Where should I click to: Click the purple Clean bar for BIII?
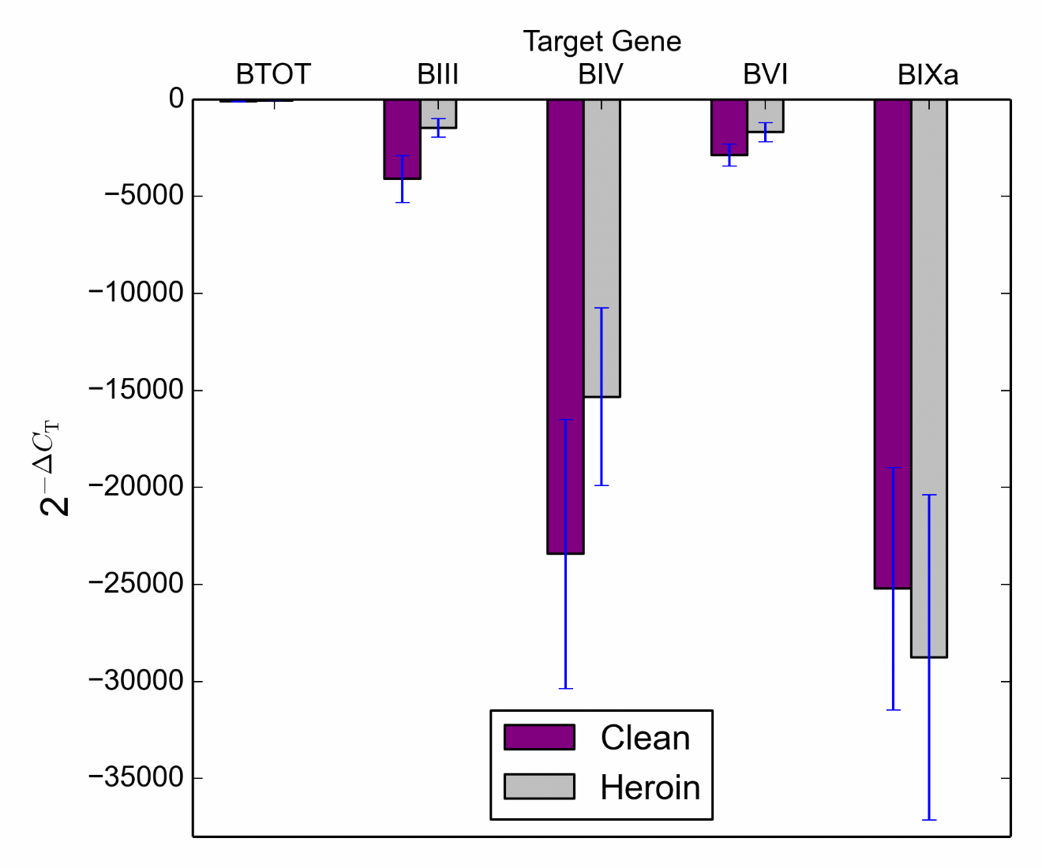click(402, 139)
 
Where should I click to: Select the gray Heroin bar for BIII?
click(438, 114)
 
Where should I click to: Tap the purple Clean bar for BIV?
click(565, 326)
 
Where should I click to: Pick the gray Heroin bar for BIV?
click(602, 248)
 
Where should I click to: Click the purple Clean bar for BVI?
click(729, 127)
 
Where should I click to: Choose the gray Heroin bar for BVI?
click(765, 115)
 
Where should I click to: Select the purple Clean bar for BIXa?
click(892, 343)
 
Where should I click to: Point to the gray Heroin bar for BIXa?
click(929, 378)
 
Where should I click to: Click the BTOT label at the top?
click(273, 74)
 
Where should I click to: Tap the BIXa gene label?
click(928, 75)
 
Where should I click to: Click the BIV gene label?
click(600, 74)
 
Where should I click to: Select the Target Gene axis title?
click(602, 41)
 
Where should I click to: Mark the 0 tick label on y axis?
click(175, 99)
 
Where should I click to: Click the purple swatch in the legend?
click(539, 737)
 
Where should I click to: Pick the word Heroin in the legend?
click(650, 788)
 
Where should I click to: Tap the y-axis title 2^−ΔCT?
click(53, 469)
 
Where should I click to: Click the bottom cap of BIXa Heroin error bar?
click(929, 820)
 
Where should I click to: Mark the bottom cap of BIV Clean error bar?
click(565, 689)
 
